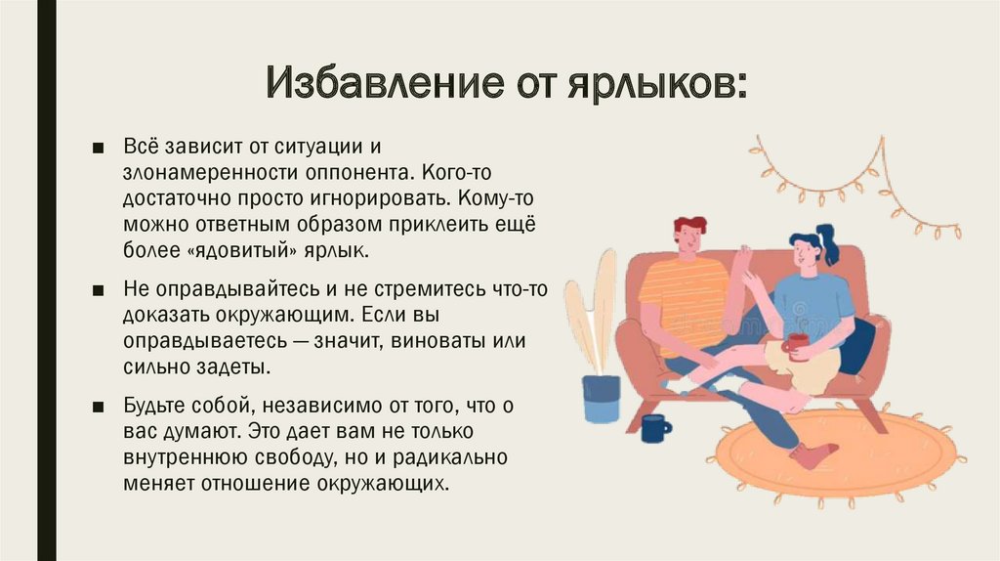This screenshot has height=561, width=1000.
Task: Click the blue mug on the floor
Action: point(653,427)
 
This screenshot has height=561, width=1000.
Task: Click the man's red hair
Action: point(689,226)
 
